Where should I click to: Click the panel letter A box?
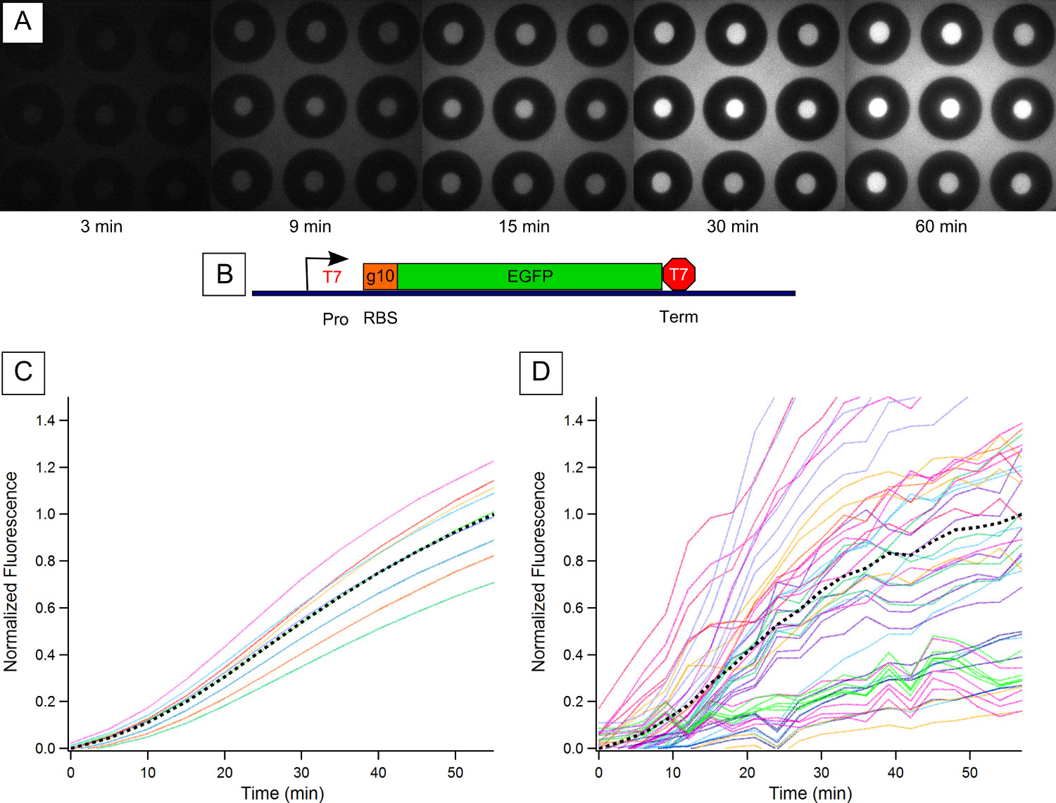tap(23, 22)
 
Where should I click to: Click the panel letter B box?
tap(224, 274)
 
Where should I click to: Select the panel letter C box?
tap(23, 372)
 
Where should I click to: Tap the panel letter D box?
tap(541, 372)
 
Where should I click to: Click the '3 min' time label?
tap(101, 227)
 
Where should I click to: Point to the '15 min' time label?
tap(524, 227)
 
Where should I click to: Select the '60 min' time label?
tap(941, 227)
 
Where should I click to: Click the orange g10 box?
tap(380, 276)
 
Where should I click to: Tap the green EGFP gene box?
tap(529, 276)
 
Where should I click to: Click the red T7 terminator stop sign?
tap(679, 274)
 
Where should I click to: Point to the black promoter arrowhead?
tap(339, 259)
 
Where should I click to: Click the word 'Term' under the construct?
tap(679, 317)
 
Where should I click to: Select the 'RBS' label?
tap(380, 318)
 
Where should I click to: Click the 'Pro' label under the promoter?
tap(335, 319)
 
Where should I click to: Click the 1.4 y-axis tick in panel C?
tap(46, 421)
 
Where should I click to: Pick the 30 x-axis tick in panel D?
tap(821, 772)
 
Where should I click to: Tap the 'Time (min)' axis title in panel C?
tap(282, 793)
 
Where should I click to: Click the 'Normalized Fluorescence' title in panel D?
tap(539, 571)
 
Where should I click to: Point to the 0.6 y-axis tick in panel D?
tap(573, 608)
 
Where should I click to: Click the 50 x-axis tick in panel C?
tap(455, 772)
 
